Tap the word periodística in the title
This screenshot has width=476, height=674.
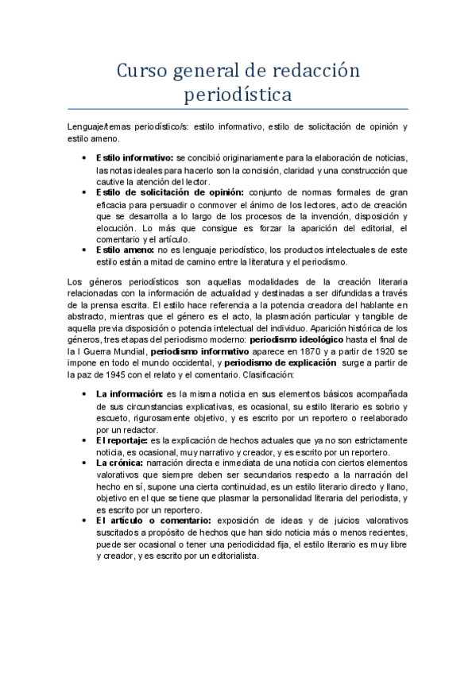pyautogui.click(x=238, y=95)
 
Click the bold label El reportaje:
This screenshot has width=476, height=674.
pyautogui.click(x=122, y=440)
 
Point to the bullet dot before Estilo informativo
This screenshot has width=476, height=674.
pyautogui.click(x=85, y=158)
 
